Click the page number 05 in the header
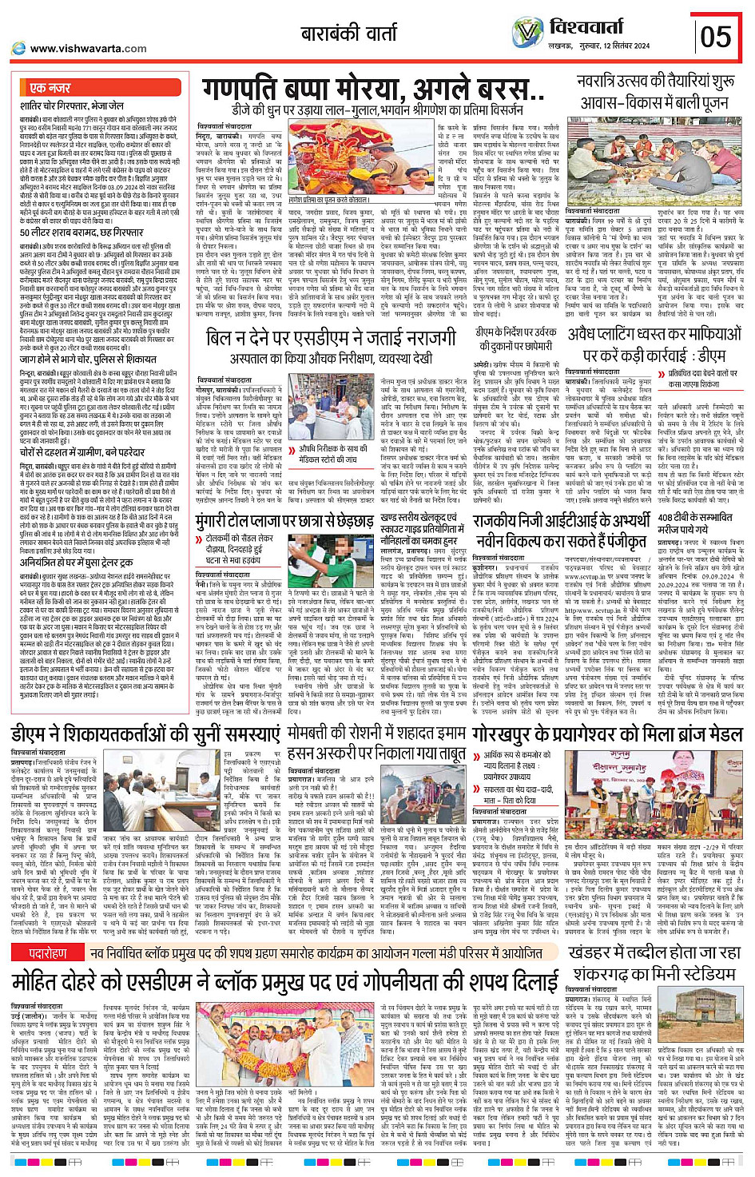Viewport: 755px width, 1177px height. pos(715,37)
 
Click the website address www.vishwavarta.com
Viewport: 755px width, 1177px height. pos(88,49)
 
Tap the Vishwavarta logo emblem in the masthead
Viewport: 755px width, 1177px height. pos(527,34)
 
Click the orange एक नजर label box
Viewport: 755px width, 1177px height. pos(50,87)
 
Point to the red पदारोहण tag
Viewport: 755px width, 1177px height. pos(49,953)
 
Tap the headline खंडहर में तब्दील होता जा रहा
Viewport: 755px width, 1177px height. pos(655,952)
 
